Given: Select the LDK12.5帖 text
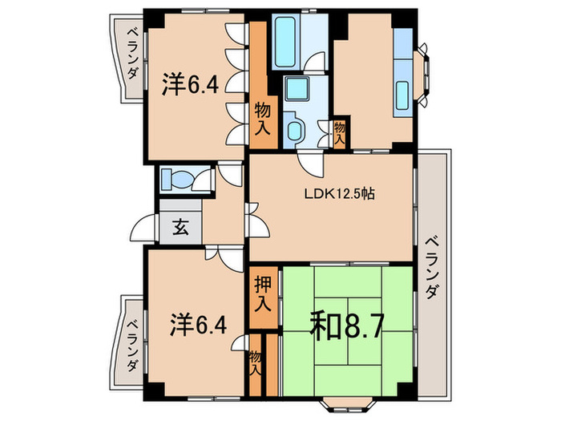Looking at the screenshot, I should (x=337, y=193).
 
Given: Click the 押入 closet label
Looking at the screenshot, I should (x=262, y=294).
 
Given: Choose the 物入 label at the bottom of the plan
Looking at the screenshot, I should (x=255, y=364).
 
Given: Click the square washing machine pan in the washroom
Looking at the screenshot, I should (x=299, y=90).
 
